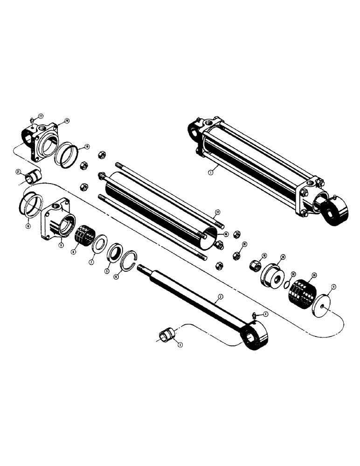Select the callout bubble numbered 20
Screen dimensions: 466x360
click(66, 121)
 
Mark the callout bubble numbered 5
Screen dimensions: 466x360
click(106, 270)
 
